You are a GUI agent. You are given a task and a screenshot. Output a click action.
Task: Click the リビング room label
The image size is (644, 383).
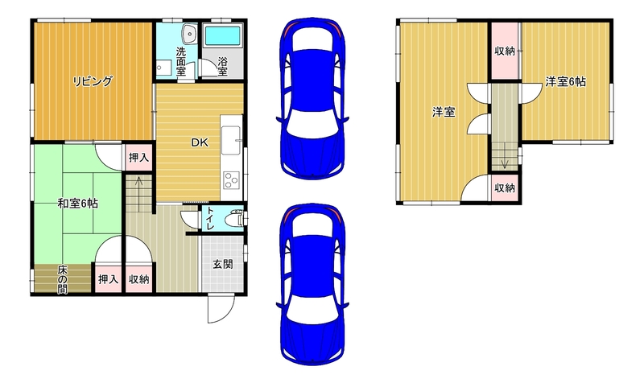click(x=93, y=81)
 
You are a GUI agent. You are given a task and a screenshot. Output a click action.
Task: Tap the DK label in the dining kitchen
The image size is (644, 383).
click(x=200, y=142)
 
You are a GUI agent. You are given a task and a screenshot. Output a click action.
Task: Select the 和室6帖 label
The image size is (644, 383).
click(x=77, y=204)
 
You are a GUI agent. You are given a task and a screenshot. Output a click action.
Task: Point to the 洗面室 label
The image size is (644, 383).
click(x=180, y=62)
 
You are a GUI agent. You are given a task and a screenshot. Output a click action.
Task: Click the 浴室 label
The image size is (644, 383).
click(x=223, y=67)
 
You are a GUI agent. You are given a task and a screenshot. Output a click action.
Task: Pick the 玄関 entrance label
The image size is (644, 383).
click(x=223, y=264)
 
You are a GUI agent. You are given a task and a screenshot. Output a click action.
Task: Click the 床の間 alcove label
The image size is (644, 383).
click(x=62, y=279)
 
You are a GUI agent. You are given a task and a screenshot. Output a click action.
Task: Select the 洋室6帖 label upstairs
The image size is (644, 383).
click(x=565, y=82)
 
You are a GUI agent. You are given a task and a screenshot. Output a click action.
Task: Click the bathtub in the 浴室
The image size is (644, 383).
click(x=222, y=35)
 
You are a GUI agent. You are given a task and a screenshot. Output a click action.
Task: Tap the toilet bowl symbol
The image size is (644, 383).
click(x=234, y=218)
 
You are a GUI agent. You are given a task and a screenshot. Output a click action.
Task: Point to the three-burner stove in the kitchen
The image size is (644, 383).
click(x=231, y=180)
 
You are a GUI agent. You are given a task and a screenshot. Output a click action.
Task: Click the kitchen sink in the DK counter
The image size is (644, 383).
click(x=231, y=140)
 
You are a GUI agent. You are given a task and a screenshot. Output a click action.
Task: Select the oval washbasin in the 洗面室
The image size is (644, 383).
click(x=189, y=33)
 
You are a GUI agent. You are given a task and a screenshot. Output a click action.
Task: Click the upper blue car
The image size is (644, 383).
click(x=312, y=98)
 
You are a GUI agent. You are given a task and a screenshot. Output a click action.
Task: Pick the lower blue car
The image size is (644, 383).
click(x=312, y=284)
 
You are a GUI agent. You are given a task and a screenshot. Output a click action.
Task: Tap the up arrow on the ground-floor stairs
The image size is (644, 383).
click(x=138, y=187)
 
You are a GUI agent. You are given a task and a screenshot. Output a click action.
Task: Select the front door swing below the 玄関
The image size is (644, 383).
click(x=221, y=309)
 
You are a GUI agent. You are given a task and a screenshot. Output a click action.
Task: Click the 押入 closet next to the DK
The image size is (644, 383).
click(x=138, y=157)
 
